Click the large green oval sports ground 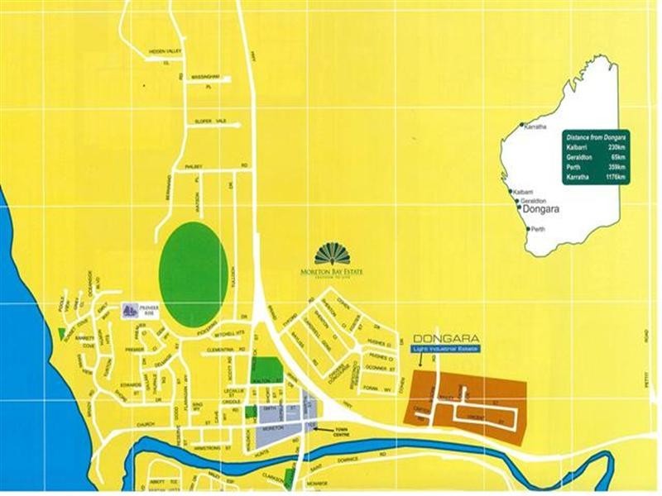pos(193,275)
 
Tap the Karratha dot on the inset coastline pos(521,126)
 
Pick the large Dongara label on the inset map pos(542,211)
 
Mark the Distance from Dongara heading pos(595,135)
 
